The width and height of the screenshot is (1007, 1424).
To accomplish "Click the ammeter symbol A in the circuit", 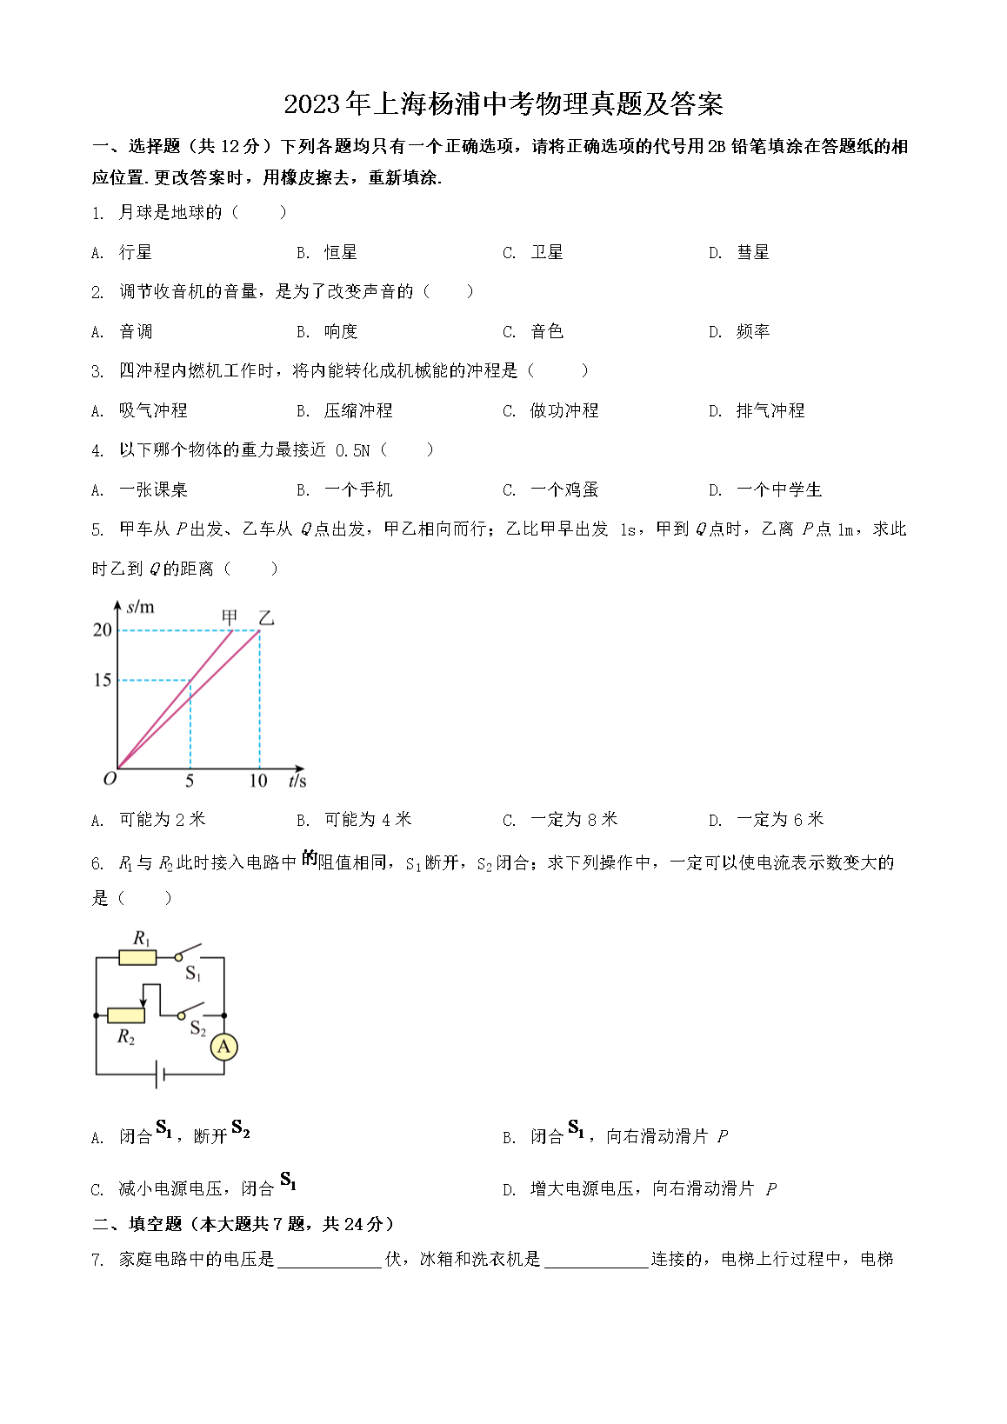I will [223, 1047].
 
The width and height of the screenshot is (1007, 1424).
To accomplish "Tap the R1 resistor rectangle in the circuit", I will [137, 958].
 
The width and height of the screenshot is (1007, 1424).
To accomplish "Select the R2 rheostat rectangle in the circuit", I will [126, 1015].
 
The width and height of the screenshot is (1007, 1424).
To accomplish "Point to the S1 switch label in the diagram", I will [193, 974].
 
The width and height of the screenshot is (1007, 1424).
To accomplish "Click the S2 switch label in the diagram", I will [198, 1029].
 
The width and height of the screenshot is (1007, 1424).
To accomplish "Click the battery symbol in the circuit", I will [160, 1075].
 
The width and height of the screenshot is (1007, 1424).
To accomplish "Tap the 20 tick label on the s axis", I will [103, 629].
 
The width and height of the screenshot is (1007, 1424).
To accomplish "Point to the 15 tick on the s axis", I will [103, 680].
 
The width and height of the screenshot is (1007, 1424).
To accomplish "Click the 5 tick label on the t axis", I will [190, 781].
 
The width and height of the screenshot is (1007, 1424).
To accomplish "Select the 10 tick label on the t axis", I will [258, 781].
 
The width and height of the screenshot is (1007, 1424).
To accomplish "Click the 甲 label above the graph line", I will [230, 617].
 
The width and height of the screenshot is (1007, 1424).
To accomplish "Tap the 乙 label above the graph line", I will [266, 618].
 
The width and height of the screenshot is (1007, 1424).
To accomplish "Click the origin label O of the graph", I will [110, 779].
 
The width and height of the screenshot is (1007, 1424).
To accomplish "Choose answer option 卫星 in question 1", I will [546, 253].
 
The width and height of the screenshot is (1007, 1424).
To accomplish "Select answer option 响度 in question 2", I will [340, 332].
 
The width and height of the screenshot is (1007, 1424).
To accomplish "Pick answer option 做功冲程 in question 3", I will [564, 411].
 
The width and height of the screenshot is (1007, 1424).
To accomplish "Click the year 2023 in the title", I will [311, 104].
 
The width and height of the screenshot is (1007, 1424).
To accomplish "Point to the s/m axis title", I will [140, 607].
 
